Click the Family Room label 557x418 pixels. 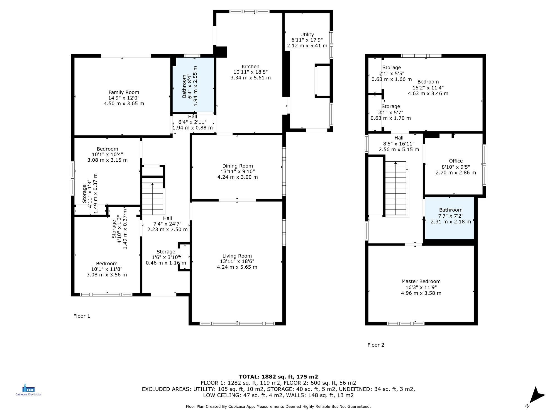(124, 92)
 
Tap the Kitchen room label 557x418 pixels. (250, 67)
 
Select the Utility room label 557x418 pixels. (307, 35)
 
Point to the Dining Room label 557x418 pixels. (238, 166)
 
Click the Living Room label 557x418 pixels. (237, 256)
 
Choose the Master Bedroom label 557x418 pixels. (421, 281)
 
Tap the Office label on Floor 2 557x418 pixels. (456, 161)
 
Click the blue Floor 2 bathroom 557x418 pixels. (449, 218)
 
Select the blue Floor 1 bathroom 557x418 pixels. (193, 85)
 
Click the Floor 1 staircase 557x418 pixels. (153, 196)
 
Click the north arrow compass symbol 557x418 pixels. (536, 395)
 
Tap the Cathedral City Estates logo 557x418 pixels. (28, 390)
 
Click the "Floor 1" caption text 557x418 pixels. (82, 316)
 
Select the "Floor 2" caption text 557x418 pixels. (376, 345)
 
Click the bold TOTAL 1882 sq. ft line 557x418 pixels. (278, 377)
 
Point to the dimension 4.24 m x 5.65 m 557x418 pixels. (237, 267)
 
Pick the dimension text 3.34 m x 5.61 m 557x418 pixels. (250, 78)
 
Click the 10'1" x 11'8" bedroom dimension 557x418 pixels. (107, 269)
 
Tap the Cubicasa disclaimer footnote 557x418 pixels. (278, 407)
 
